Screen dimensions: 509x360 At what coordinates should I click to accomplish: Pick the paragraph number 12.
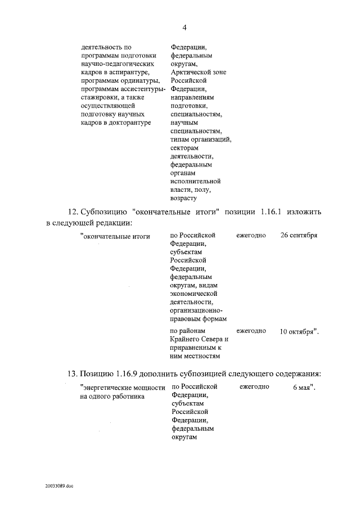click(72, 212)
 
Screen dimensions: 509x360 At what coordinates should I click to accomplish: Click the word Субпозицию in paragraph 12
click(105, 212)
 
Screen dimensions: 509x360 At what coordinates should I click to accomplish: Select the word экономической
click(193, 294)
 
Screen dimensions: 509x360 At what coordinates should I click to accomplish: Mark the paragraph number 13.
click(71, 374)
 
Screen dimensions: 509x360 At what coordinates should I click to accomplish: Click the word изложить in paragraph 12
click(305, 212)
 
